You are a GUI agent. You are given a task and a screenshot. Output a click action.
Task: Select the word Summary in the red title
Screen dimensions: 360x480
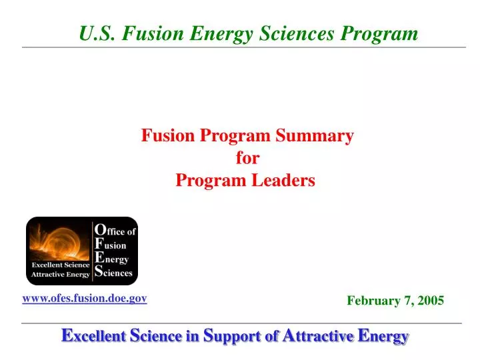tap(319, 136)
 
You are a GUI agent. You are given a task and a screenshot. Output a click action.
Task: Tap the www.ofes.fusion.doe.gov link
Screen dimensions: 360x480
tap(85, 299)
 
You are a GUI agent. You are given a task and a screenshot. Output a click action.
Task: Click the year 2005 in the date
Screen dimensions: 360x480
tap(431, 301)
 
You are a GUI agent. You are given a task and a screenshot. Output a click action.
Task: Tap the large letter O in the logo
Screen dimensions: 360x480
tap(99, 229)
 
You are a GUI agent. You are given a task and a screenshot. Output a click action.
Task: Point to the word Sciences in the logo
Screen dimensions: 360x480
tap(120, 273)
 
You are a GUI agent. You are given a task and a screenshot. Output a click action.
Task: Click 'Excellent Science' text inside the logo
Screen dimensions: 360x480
tap(60, 265)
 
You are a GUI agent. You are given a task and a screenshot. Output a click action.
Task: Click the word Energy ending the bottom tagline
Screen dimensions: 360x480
tap(383, 337)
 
